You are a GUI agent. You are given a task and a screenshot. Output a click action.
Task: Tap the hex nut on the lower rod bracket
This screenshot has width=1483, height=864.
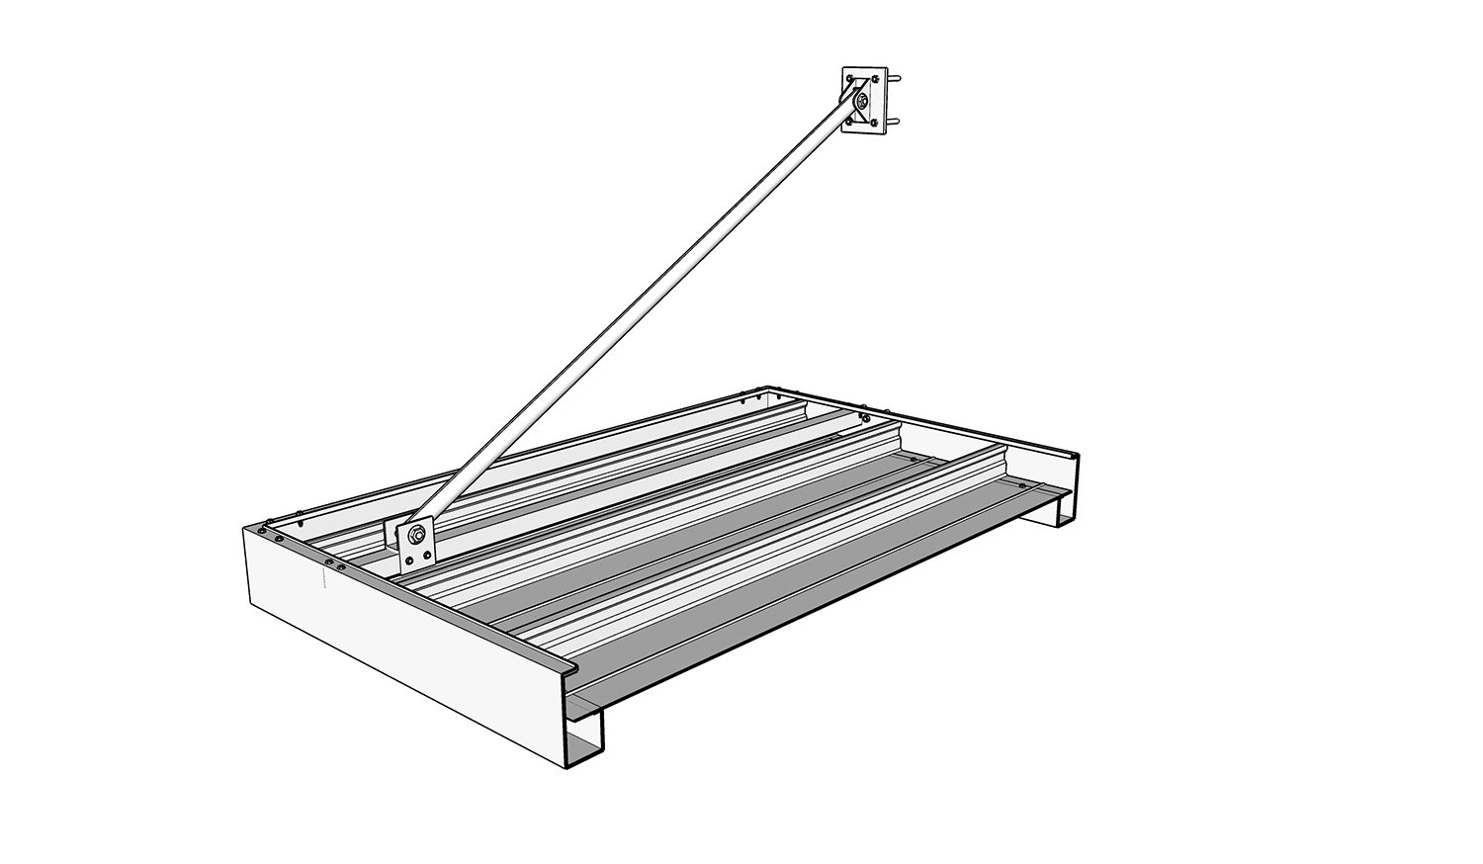point(415,537)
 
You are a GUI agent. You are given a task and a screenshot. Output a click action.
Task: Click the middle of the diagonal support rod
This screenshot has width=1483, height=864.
point(633,317)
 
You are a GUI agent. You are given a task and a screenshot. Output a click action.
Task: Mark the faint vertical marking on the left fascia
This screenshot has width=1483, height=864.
point(323,578)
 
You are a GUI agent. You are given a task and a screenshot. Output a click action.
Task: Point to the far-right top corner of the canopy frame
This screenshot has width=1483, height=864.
point(1075,455)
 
